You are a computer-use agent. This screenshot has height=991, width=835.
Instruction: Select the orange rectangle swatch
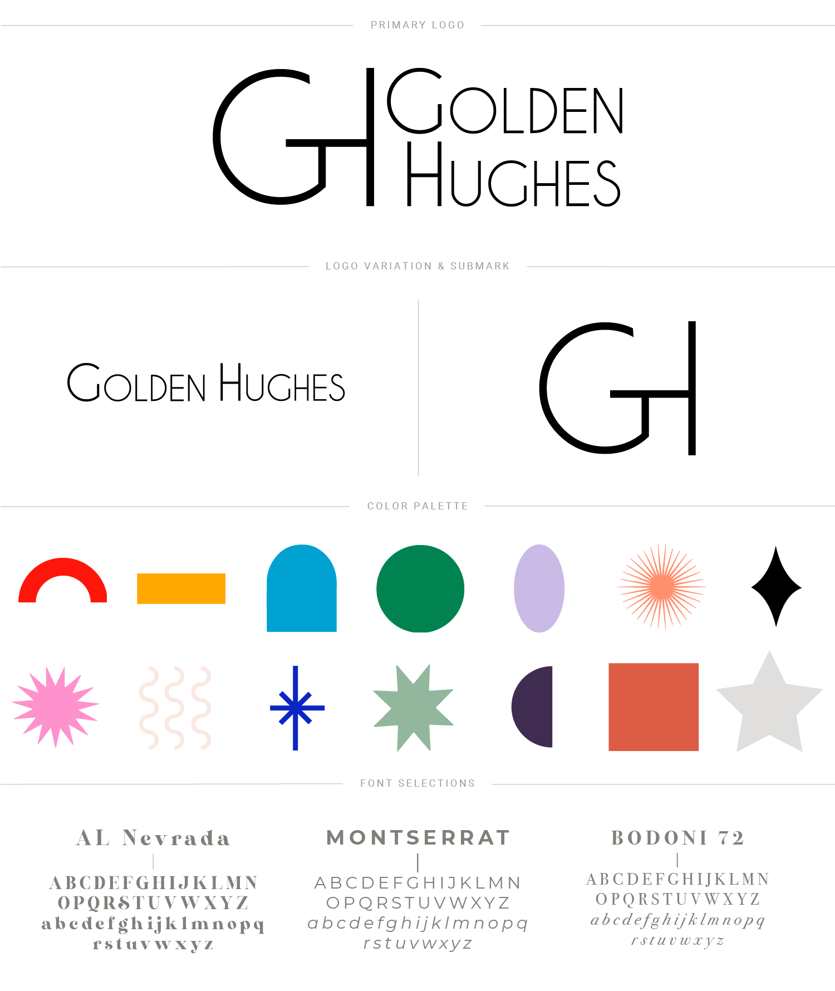click(181, 588)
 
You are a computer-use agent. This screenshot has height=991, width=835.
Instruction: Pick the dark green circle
click(420, 589)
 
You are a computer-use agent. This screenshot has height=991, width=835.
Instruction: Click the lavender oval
click(539, 588)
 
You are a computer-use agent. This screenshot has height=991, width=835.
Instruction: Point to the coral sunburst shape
click(661, 587)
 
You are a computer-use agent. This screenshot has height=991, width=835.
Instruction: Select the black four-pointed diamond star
click(776, 587)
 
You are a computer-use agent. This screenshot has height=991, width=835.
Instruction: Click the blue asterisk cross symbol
click(296, 708)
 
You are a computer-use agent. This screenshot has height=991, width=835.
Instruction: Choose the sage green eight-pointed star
click(414, 708)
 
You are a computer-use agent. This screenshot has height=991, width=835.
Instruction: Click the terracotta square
click(654, 707)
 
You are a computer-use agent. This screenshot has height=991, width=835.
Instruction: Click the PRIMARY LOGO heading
click(417, 25)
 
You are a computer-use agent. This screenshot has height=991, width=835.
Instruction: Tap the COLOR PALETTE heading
click(417, 506)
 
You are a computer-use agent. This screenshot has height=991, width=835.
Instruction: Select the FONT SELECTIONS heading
click(417, 783)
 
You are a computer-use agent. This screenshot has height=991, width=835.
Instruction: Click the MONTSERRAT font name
click(419, 838)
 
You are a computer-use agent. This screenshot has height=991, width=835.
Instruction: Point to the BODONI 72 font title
click(677, 838)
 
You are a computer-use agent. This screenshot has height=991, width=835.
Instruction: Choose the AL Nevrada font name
click(153, 838)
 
